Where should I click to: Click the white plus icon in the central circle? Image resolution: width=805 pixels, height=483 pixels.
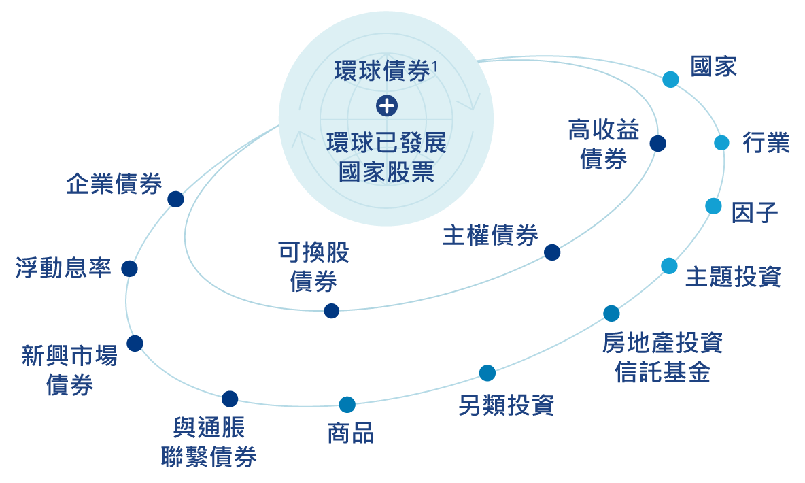click(x=386, y=105)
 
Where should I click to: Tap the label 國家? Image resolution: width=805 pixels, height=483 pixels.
click(x=713, y=67)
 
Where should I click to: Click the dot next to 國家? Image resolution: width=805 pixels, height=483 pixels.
click(x=670, y=80)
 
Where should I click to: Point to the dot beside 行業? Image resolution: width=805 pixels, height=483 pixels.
click(x=721, y=143)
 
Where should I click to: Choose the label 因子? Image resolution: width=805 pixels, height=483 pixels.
click(x=754, y=212)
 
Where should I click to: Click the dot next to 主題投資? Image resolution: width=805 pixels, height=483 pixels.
click(x=669, y=266)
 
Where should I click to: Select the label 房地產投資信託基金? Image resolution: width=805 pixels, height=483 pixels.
click(x=662, y=357)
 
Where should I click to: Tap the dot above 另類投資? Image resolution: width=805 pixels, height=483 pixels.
click(x=487, y=373)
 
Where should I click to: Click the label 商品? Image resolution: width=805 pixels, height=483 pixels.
click(x=350, y=433)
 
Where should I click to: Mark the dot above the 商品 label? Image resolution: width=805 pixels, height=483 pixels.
click(x=347, y=405)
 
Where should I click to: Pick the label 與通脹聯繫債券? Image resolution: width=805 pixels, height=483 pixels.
click(x=209, y=443)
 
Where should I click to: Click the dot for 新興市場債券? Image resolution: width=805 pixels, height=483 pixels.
click(x=135, y=343)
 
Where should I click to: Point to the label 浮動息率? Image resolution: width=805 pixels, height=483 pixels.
click(x=63, y=268)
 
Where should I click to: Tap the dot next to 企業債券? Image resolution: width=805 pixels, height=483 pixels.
click(x=175, y=199)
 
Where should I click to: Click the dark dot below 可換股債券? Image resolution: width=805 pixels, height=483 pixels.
click(x=331, y=311)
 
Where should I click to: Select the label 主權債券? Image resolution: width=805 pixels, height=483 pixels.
click(x=490, y=235)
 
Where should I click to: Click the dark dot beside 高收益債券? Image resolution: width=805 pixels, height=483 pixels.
click(x=657, y=144)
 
